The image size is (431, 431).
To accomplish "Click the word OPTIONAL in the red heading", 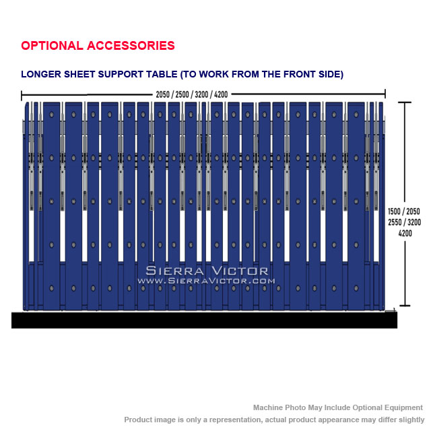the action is pyautogui.click(x=53, y=46).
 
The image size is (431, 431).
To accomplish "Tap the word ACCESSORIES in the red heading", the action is pyautogui.click(x=131, y=46).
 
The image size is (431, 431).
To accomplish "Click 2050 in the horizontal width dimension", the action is pyautogui.click(x=163, y=94).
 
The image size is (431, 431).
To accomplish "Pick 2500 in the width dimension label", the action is pyautogui.click(x=182, y=94).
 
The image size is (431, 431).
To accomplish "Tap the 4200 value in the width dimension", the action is pyautogui.click(x=221, y=94).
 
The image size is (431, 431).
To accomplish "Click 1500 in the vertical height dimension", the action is pyautogui.click(x=394, y=211).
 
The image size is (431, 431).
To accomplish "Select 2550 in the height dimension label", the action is pyautogui.click(x=395, y=222).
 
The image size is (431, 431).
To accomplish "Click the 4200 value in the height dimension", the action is pyautogui.click(x=405, y=234).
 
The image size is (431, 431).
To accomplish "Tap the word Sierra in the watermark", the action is pyautogui.click(x=174, y=271).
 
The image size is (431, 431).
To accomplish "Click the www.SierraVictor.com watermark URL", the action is pyautogui.click(x=206, y=281).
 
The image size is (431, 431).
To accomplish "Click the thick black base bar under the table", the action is pyautogui.click(x=204, y=320).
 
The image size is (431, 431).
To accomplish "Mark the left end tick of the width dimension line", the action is pyautogui.click(x=22, y=95).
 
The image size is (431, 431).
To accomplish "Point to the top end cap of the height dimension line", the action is pyautogui.click(x=405, y=102).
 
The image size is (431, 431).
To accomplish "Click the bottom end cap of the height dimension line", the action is pyautogui.click(x=405, y=305).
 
